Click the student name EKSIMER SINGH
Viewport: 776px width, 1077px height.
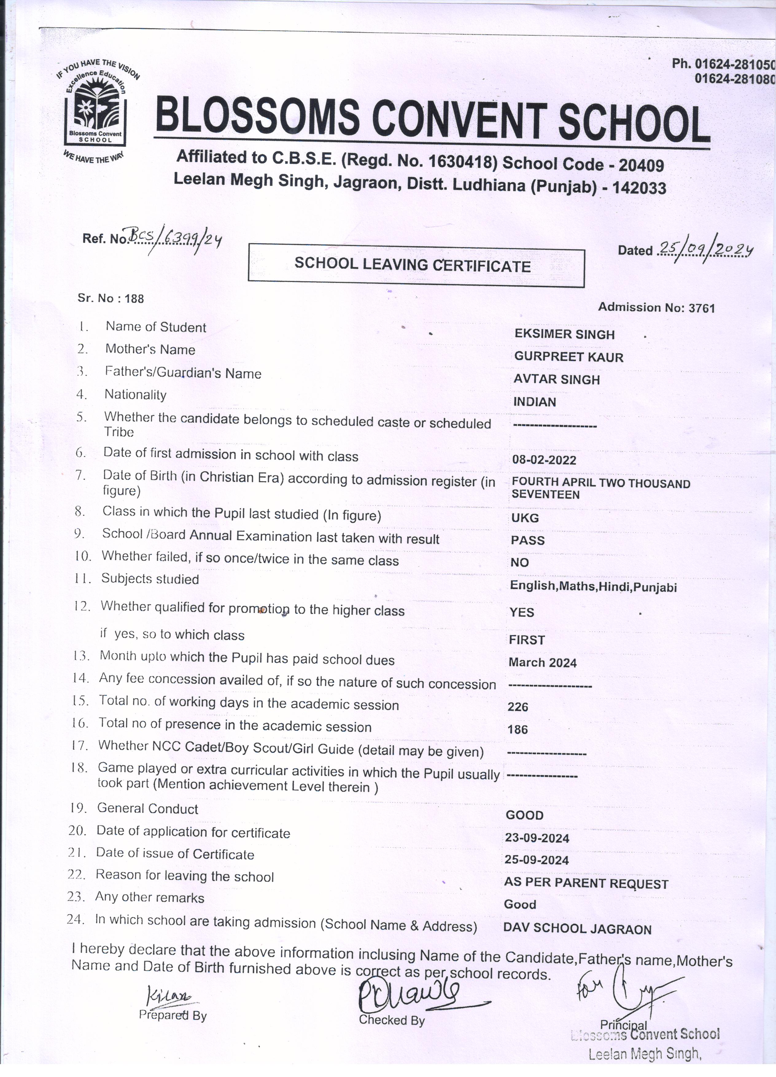(564, 334)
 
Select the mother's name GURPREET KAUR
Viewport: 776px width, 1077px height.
(568, 357)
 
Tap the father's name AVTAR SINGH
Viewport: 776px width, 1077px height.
(556, 379)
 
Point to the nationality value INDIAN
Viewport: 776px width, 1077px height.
(534, 402)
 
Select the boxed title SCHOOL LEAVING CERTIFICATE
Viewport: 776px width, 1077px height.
(413, 265)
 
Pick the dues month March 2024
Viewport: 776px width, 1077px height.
(542, 662)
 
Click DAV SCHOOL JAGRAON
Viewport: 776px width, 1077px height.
(577, 929)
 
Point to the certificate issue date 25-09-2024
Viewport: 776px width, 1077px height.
(537, 860)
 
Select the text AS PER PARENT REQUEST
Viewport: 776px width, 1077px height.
(586, 883)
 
